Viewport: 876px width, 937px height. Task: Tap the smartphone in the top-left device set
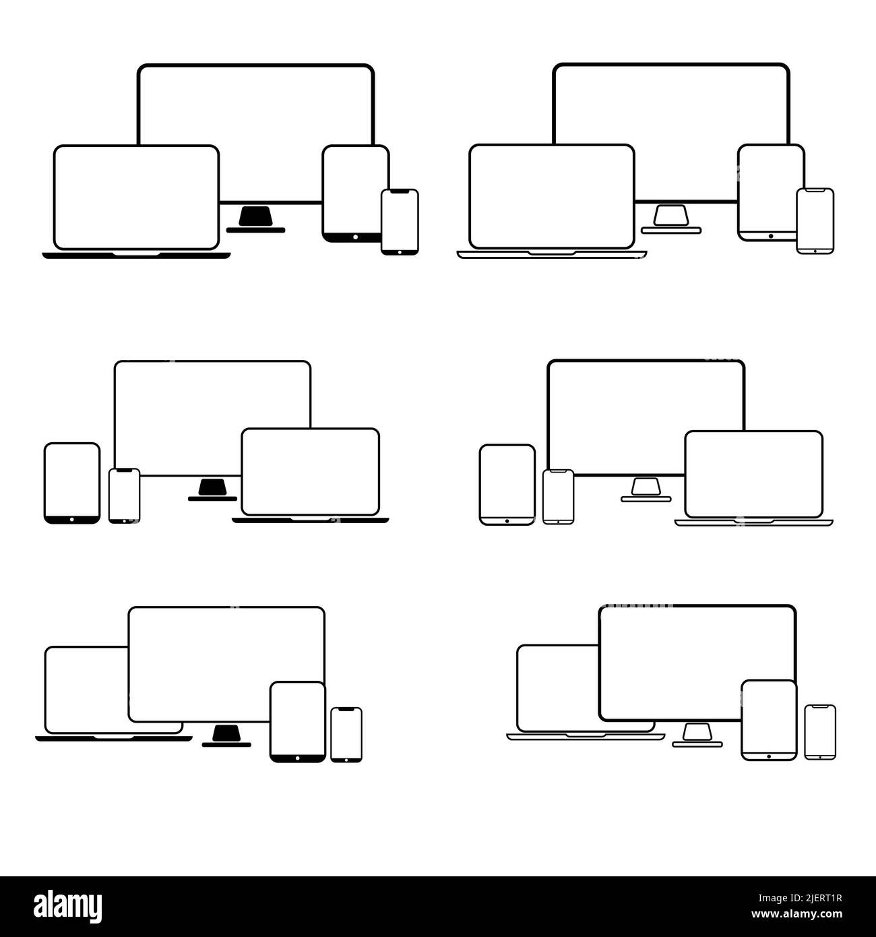400,221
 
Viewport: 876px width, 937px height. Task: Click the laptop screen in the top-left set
136,197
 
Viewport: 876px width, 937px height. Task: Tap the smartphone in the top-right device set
815,221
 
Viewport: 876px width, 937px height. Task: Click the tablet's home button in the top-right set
770,237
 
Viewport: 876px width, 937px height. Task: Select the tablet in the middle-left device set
72,482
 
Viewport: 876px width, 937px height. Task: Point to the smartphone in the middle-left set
124,495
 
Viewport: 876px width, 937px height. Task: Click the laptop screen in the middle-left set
310,471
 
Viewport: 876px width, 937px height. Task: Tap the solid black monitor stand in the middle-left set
213,487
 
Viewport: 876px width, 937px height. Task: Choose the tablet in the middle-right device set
507,484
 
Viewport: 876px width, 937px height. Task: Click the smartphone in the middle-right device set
558,497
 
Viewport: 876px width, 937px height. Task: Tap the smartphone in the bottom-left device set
346,735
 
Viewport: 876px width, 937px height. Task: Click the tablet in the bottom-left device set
298,721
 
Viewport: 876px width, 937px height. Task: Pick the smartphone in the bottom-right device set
820,732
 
